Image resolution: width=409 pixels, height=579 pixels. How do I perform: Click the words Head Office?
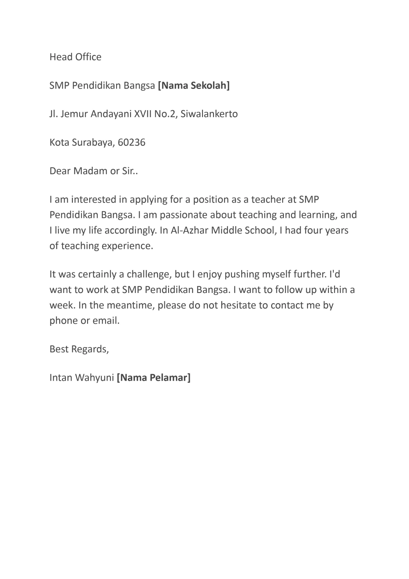tap(75, 57)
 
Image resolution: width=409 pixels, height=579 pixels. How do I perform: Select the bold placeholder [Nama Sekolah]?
tap(194, 86)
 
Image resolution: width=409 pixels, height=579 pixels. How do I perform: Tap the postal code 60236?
tap(131, 143)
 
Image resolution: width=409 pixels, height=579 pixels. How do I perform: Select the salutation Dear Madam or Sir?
tap(94, 171)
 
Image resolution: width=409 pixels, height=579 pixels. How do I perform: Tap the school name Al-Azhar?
tap(189, 230)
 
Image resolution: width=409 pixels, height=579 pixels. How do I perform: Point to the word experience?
tap(127, 246)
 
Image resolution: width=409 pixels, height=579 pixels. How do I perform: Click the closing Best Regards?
tap(79, 350)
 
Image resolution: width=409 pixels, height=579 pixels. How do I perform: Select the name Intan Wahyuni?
tap(81, 378)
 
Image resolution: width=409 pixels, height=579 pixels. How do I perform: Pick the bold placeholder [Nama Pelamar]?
tap(154, 378)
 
